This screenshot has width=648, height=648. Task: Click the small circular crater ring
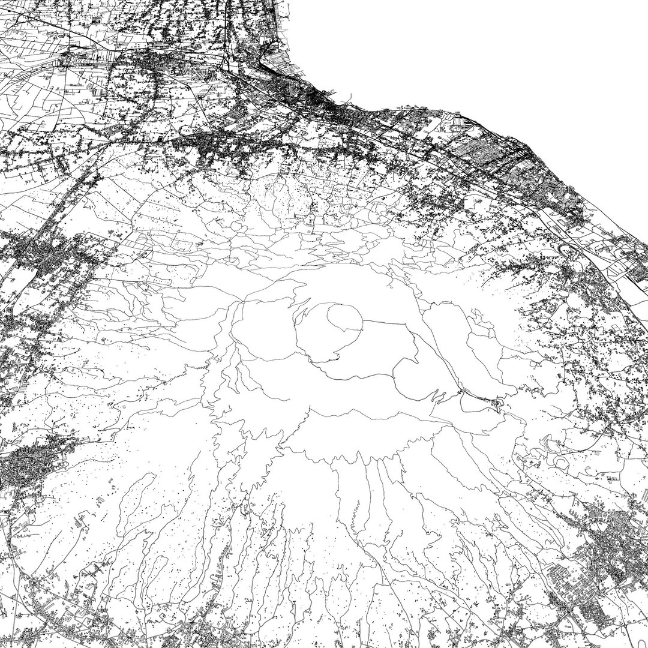344,319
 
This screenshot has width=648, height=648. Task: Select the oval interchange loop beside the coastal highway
570,249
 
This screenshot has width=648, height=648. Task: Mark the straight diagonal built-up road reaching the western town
66,198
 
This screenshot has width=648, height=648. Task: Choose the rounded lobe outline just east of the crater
408,372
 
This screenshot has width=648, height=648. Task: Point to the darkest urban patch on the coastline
324,105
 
